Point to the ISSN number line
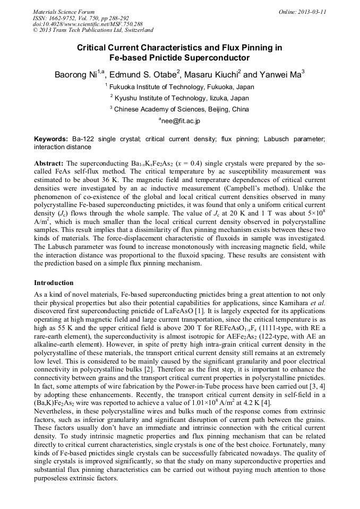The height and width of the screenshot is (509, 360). (x=80, y=18)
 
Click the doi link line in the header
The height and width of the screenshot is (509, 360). (x=87, y=24)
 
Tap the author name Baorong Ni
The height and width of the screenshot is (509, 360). (x=76, y=74)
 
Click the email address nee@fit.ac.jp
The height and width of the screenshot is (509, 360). (x=180, y=122)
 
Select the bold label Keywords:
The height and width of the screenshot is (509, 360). (x=50, y=139)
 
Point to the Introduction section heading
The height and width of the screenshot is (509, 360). (x=54, y=283)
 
